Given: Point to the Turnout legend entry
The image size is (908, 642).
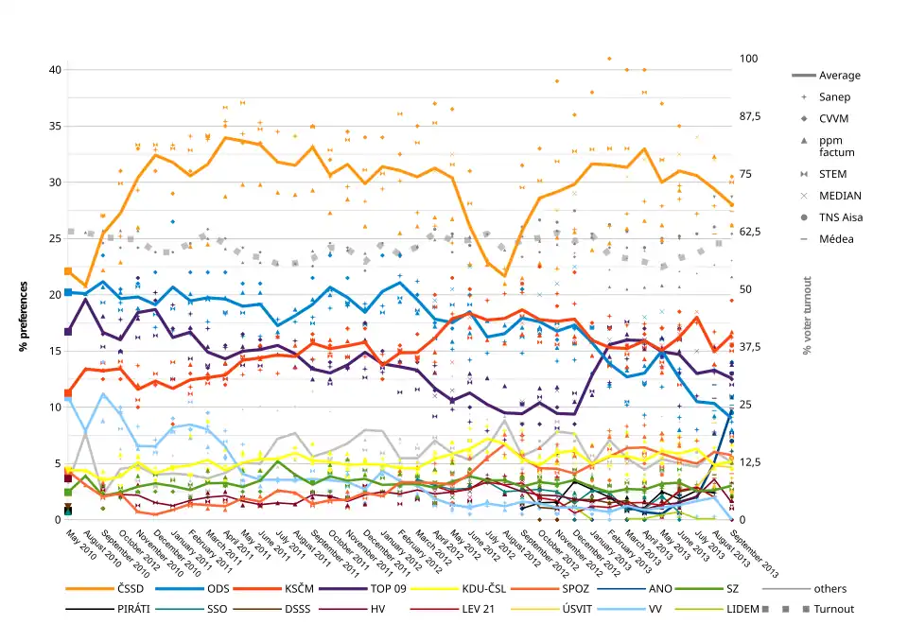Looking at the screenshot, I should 833,609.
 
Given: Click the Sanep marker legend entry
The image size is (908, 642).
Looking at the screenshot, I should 834,97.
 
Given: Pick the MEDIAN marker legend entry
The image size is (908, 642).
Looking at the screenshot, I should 840,196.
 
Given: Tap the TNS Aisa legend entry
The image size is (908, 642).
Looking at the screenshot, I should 841,217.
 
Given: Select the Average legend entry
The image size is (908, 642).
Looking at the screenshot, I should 840,76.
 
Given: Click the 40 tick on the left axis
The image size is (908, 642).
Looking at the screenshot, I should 54,70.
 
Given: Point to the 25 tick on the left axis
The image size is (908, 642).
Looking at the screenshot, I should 54,238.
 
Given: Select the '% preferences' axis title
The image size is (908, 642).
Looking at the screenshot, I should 24,317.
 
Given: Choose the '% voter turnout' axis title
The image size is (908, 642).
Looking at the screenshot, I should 807,316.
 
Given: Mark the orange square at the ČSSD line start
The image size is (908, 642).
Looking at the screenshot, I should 68,271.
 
